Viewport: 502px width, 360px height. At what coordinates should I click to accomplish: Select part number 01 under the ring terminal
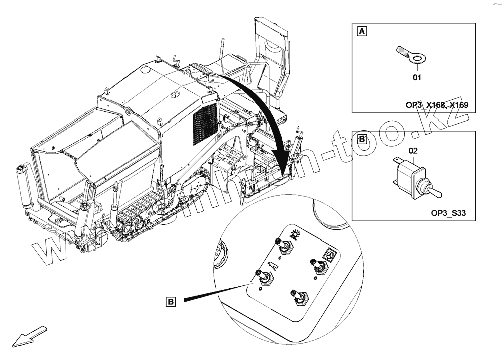coord(417,77)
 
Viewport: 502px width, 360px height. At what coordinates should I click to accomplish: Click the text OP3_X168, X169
coord(437,105)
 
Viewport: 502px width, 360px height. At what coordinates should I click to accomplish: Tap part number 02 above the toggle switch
coord(413,150)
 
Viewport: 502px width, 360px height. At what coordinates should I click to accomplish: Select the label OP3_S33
coord(448,213)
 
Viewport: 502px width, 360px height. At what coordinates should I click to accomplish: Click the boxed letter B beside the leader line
coord(171,302)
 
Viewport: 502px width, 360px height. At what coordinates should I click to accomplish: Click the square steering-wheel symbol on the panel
coord(330,255)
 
